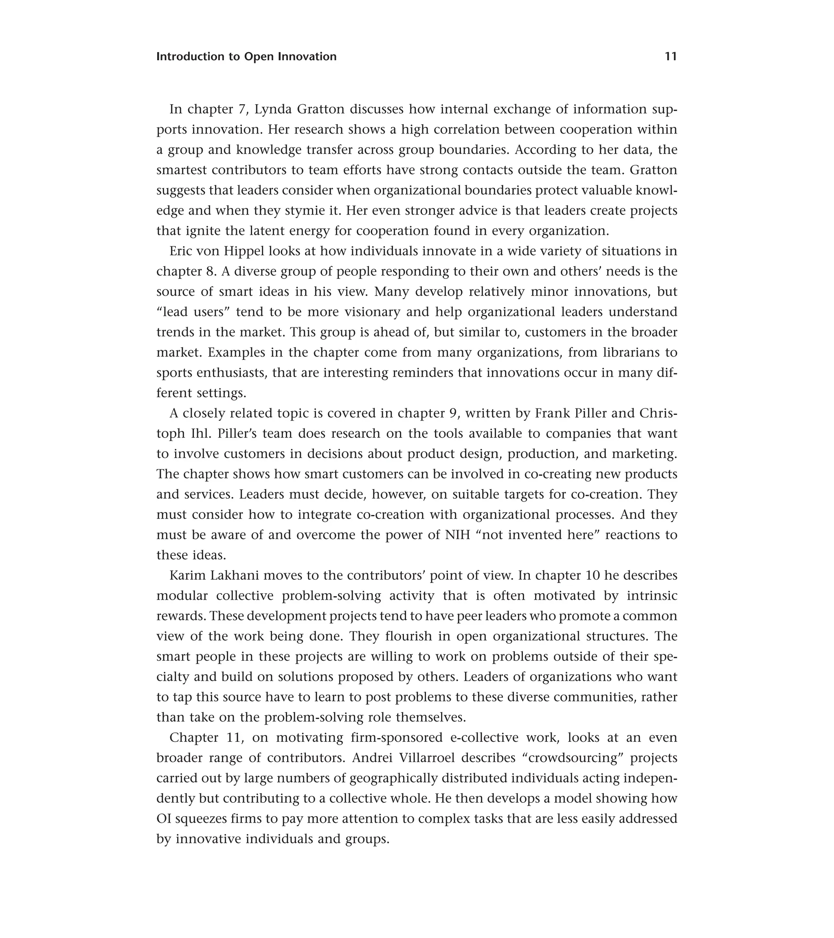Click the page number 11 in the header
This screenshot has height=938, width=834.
[671, 57]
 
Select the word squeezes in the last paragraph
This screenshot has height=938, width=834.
[199, 819]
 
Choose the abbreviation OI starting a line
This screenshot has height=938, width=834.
[164, 819]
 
